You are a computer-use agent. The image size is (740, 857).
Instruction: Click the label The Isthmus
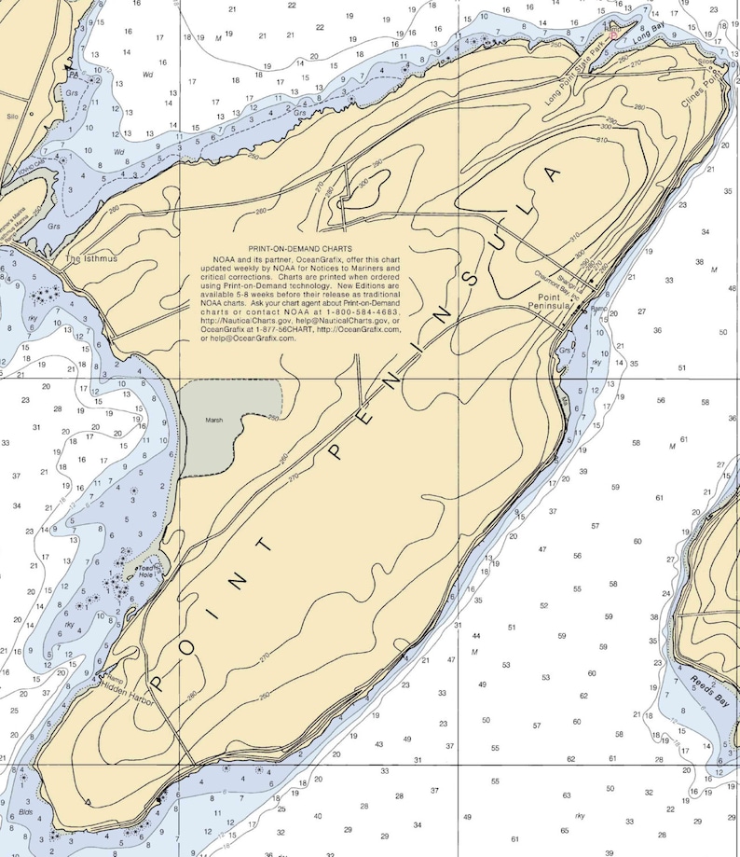pos(91,258)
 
